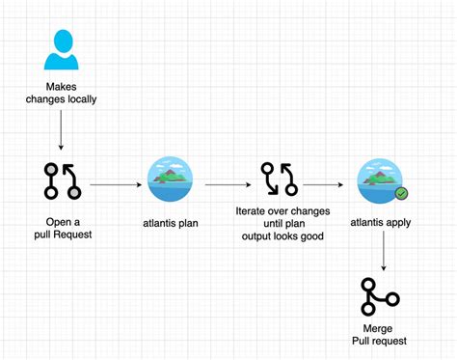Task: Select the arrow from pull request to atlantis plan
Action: pos(115,180)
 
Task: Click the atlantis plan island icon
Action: pos(170,180)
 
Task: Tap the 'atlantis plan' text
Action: pos(170,222)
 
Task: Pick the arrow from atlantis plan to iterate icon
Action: pos(228,180)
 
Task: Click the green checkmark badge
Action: pos(400,193)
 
